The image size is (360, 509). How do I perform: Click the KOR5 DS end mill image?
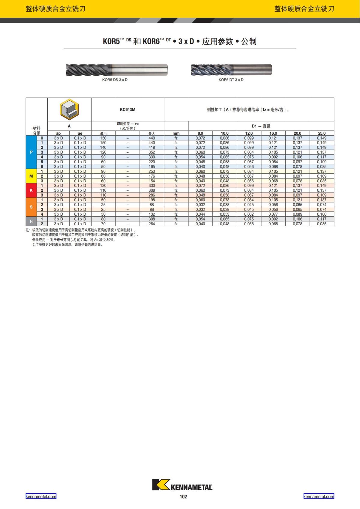[x=116, y=70]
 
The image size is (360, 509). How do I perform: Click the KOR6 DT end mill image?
[x=231, y=70]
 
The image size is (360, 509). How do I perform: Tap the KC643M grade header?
[x=127, y=109]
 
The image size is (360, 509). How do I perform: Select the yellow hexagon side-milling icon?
[x=69, y=109]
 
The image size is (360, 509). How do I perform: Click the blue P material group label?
[x=31, y=152]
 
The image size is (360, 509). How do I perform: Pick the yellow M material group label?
[x=31, y=176]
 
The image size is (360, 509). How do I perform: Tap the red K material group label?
[x=31, y=190]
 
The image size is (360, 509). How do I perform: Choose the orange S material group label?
[x=31, y=207]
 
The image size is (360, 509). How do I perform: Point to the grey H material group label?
[x=31, y=221]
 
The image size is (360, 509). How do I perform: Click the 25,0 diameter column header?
[x=322, y=133]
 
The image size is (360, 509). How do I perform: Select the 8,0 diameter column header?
[x=200, y=133]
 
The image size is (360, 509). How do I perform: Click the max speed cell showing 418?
[x=152, y=148]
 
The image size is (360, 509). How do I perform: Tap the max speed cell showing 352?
[x=152, y=152]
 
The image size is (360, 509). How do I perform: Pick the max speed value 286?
[x=152, y=195]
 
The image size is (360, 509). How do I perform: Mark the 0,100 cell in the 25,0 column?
[x=322, y=214]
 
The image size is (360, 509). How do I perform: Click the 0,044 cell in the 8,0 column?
[x=200, y=214]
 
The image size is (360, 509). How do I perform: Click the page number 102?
[x=183, y=496]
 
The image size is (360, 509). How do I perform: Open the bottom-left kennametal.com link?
[x=41, y=496]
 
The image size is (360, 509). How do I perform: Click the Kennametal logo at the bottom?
[x=182, y=485]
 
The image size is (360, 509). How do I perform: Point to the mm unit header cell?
[x=176, y=133]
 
